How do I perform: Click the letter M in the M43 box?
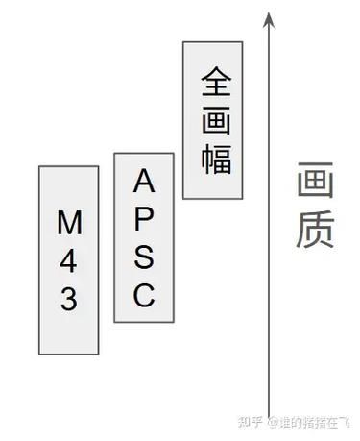[69, 223]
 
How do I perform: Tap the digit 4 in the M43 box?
[69, 261]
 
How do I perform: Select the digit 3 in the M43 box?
[69, 301]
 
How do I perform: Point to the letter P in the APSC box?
[144, 218]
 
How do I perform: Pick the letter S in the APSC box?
[144, 257]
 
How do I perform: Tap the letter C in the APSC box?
[144, 296]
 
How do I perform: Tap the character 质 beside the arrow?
[315, 232]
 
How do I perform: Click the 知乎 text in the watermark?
[252, 421]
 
